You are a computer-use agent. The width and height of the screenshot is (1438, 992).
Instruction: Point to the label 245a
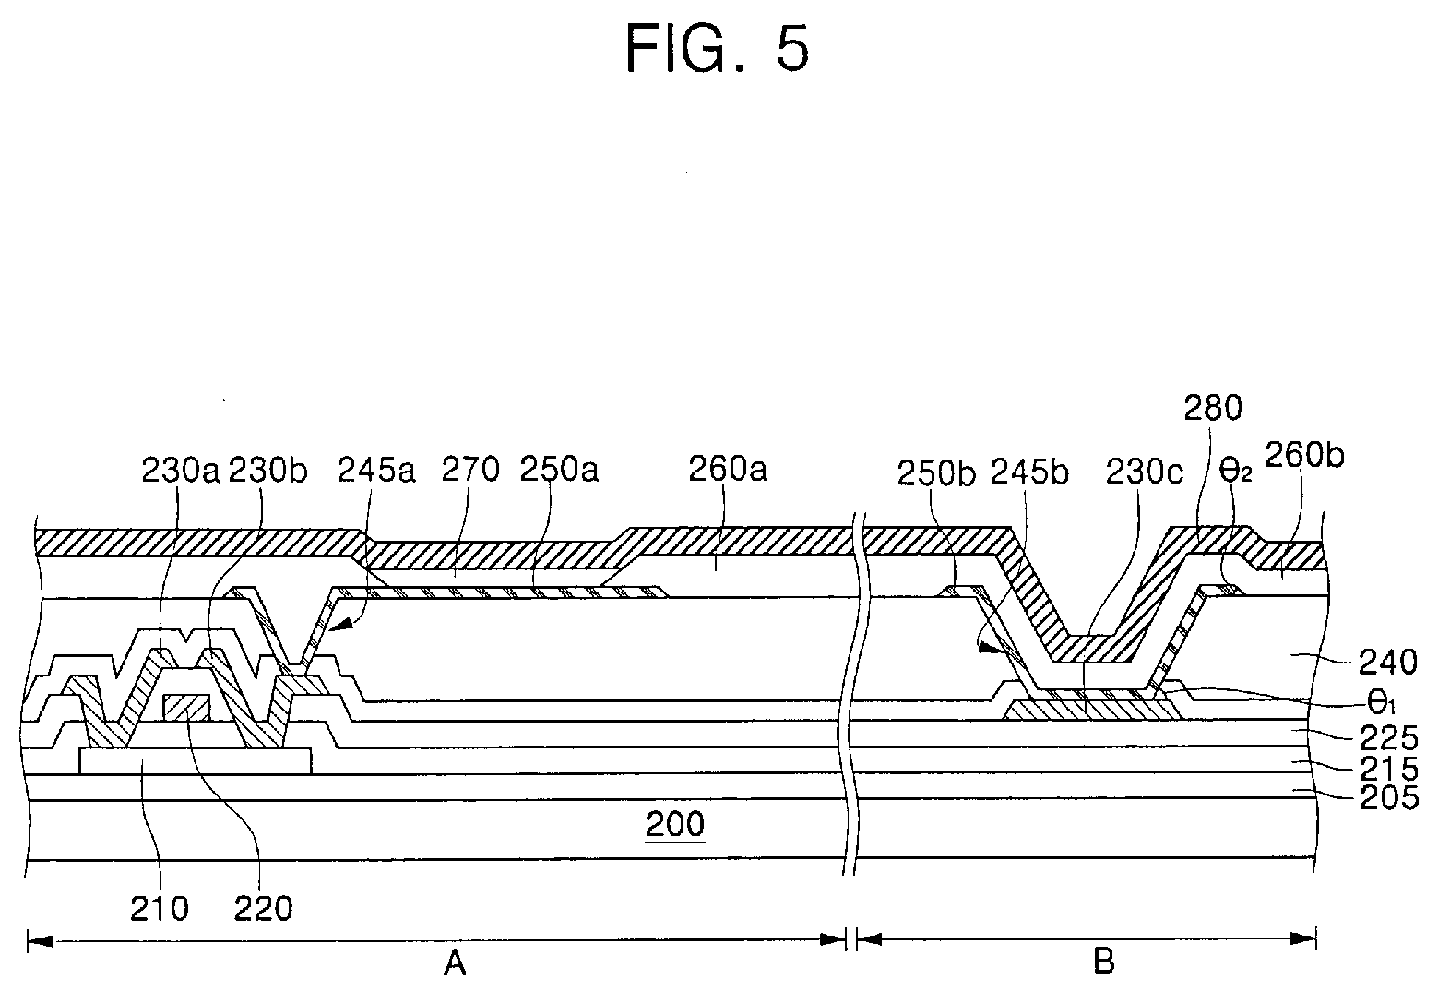click(x=376, y=471)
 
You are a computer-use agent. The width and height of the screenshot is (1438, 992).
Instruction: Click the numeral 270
click(x=469, y=471)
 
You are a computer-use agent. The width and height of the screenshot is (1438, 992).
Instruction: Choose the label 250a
click(x=559, y=471)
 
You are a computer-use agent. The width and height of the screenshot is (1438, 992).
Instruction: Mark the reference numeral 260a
click(x=728, y=471)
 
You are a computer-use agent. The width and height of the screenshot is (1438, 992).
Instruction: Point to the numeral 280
click(x=1213, y=408)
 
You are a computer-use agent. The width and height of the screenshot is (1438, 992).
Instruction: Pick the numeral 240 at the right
click(x=1388, y=663)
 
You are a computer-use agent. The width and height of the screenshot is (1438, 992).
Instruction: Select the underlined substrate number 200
click(x=674, y=823)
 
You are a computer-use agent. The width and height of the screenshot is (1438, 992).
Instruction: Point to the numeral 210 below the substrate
click(x=160, y=908)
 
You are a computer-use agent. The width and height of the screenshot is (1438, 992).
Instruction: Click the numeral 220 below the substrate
click(x=263, y=908)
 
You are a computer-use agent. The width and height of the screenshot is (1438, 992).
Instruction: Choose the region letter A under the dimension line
click(x=454, y=964)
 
